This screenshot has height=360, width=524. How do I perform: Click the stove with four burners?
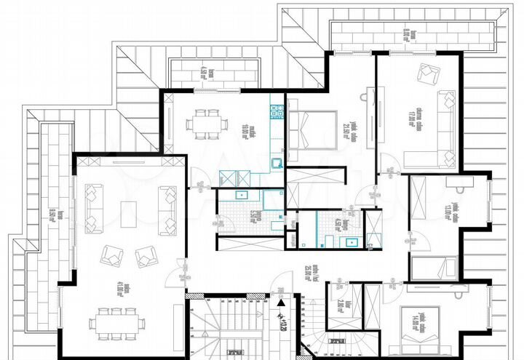(x=277, y=111)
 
